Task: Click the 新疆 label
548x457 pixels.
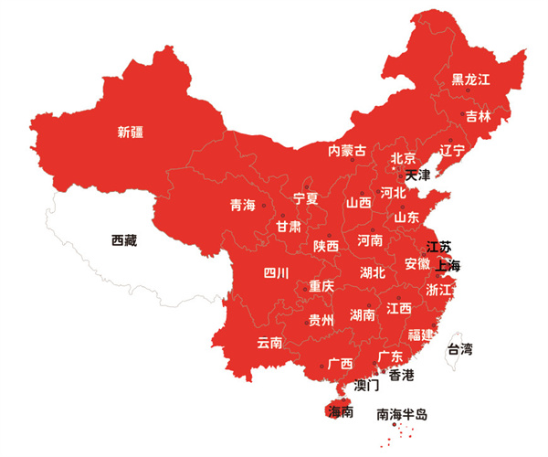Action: click(132, 132)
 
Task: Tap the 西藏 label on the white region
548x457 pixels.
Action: click(123, 241)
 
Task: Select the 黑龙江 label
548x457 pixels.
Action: click(471, 80)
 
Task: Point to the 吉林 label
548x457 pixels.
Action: click(478, 116)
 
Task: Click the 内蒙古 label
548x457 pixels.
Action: click(347, 150)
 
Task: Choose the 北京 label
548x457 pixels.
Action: click(404, 158)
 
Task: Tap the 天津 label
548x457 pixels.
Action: click(417, 175)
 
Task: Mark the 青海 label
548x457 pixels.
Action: click(243, 206)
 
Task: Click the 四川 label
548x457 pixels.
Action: click(276, 272)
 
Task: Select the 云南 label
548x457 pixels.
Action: click(269, 343)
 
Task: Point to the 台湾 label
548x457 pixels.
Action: click(459, 349)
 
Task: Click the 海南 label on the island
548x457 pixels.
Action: click(342, 412)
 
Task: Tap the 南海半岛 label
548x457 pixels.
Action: click(402, 414)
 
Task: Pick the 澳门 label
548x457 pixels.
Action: click(367, 386)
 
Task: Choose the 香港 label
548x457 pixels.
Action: click(401, 376)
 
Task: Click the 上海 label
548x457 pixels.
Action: click(448, 265)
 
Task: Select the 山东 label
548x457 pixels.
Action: click(406, 218)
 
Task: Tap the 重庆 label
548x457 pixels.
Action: click(321, 286)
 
